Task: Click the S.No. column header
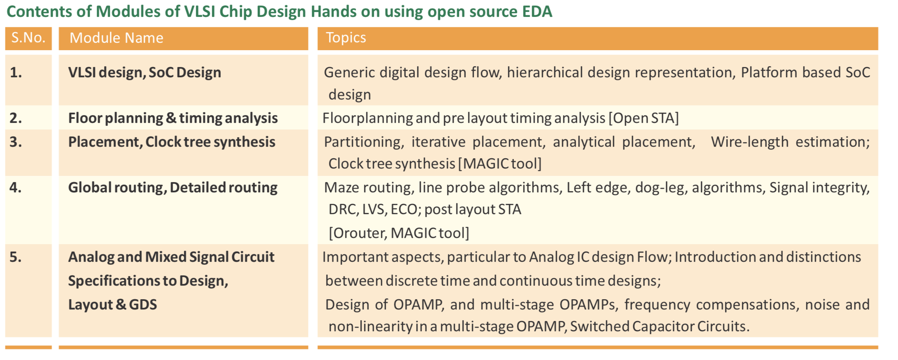pos(28,38)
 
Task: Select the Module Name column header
pos(116,38)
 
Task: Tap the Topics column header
pos(346,38)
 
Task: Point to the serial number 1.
pos(16,72)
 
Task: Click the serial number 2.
pos(16,118)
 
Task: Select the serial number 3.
pos(16,142)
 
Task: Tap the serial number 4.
pos(16,187)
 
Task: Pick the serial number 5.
pos(16,257)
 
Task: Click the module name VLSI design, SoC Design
pos(145,73)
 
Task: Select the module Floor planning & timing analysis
pos(173,118)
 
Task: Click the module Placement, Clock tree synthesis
pos(172,142)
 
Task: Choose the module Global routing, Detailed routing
pos(173,188)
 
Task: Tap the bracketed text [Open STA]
pos(643,118)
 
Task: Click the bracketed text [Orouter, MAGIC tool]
pos(399,233)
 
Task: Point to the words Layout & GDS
pos(113,305)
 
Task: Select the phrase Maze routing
pos(368,188)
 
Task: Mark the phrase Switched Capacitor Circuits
pos(660,326)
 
